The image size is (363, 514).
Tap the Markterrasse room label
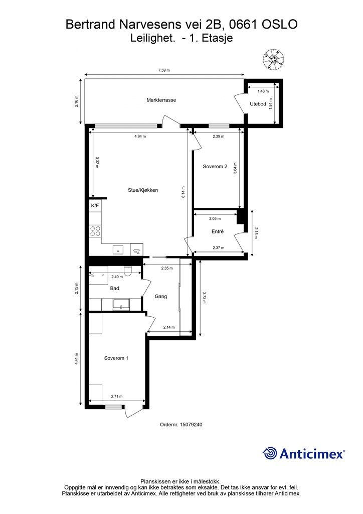161,100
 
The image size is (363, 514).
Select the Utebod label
258,104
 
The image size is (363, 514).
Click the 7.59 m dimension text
163,71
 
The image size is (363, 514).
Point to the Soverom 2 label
215,166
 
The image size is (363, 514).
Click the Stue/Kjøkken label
143,190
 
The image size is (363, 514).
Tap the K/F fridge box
95,205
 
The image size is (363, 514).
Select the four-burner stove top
95,231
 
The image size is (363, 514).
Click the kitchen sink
119,249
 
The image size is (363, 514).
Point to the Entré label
217,231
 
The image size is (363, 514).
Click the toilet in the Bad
128,272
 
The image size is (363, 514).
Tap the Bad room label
114,289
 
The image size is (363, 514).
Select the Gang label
161,296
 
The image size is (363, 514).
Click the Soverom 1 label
116,358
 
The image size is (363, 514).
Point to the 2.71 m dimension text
117,397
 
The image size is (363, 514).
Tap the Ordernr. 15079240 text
180,424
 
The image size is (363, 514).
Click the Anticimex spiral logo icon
270,453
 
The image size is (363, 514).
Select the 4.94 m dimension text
141,136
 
